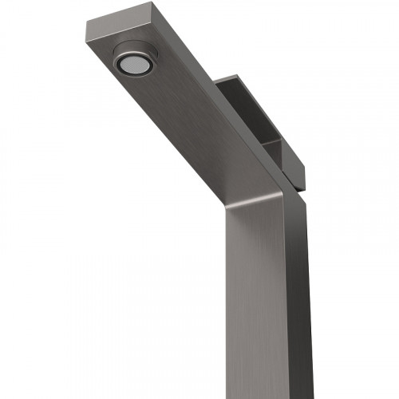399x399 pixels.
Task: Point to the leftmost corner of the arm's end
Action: click(85, 24)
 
